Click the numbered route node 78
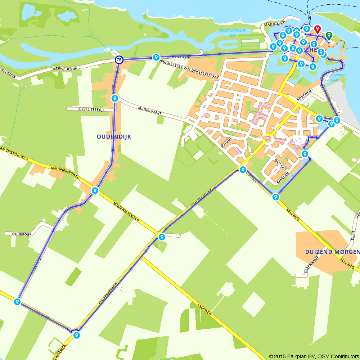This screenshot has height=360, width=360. (119, 60)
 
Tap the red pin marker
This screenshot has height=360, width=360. (317, 29)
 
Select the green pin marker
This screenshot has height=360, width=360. (329, 36)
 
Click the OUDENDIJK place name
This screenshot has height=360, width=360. (114, 136)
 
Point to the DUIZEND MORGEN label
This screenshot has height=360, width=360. (332, 252)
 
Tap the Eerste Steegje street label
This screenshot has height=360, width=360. (85, 109)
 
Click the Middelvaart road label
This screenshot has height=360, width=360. (149, 111)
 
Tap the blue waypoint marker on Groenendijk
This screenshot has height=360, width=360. (156, 57)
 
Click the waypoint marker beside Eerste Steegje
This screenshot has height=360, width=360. (114, 98)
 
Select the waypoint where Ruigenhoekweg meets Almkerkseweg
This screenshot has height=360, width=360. (162, 237)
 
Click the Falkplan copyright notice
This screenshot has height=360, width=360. (314, 356)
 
